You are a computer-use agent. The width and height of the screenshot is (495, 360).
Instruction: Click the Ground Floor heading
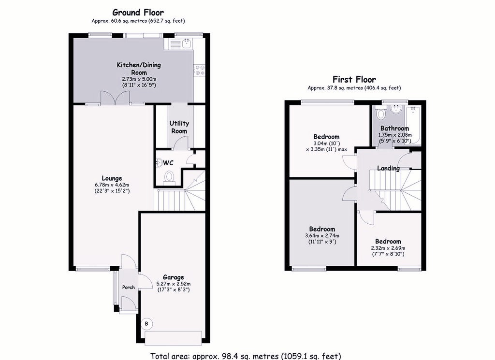pyautogui.click(x=138, y=13)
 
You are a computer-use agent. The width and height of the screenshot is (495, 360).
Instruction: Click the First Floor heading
pyautogui.click(x=354, y=80)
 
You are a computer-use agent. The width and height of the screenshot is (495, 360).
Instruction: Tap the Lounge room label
pyautogui.click(x=112, y=179)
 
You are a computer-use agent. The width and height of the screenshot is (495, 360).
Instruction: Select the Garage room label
pyautogui.click(x=174, y=277)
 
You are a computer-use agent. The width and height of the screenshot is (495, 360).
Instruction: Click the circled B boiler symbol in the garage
pyautogui.click(x=146, y=324)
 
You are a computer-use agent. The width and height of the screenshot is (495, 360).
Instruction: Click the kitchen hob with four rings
pyautogui.click(x=200, y=70)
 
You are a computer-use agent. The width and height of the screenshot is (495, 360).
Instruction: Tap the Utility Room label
pyautogui.click(x=179, y=127)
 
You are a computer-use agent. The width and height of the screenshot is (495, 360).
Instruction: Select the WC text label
pyautogui.click(x=168, y=163)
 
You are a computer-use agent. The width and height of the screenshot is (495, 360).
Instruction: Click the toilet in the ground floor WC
pyautogui.click(x=170, y=177)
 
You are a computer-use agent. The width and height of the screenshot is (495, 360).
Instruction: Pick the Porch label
pyautogui.click(x=129, y=287)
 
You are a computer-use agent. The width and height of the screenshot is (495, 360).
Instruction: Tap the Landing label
pyautogui.click(x=388, y=168)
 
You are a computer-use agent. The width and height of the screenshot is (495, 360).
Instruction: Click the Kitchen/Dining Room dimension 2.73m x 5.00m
pyautogui.click(x=139, y=79)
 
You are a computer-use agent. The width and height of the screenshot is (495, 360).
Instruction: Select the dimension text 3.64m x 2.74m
pyautogui.click(x=322, y=236)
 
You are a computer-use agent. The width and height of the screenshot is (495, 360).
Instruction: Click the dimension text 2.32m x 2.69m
pyautogui.click(x=388, y=248)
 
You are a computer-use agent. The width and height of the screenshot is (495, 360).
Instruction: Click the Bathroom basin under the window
pyautogui.click(x=395, y=110)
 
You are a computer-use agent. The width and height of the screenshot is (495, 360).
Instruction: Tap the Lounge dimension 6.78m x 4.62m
pyautogui.click(x=112, y=185)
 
